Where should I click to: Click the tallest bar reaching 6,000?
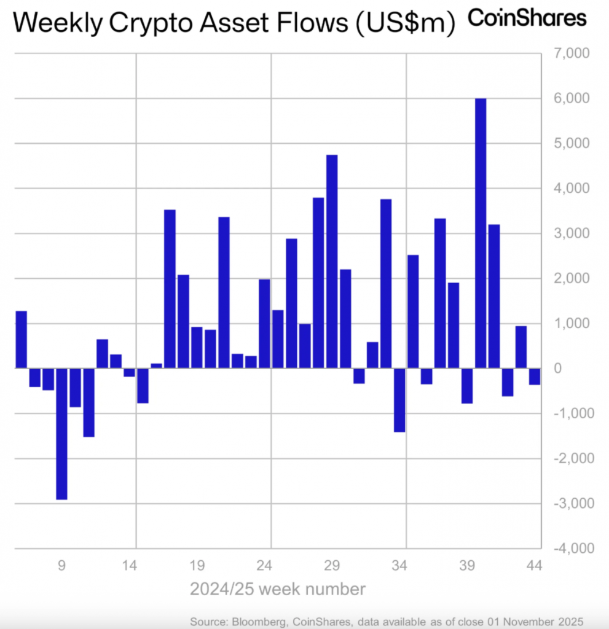pyautogui.click(x=481, y=233)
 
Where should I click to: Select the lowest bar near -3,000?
pyautogui.click(x=62, y=434)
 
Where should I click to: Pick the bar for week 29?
pyautogui.click(x=332, y=261)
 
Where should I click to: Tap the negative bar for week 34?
pyautogui.click(x=399, y=400)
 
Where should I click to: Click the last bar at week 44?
pyautogui.click(x=534, y=377)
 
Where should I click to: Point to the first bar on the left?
pyautogui.click(x=22, y=339)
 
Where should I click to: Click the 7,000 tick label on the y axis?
pyautogui.click(x=572, y=53)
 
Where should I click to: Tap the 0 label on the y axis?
pyautogui.click(x=557, y=369)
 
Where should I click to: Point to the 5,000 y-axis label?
pyautogui.click(x=572, y=143)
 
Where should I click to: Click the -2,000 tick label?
pyautogui.click(x=574, y=458)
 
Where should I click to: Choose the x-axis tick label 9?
pyautogui.click(x=61, y=566)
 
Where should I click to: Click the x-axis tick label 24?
pyautogui.click(x=264, y=566)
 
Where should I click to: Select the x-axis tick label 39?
pyautogui.click(x=467, y=566)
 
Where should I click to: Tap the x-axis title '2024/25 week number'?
pyautogui.click(x=277, y=589)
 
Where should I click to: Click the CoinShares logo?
pyautogui.click(x=527, y=18)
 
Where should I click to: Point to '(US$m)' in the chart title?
pyautogui.click(x=406, y=23)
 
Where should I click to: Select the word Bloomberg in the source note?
pyautogui.click(x=259, y=622)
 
